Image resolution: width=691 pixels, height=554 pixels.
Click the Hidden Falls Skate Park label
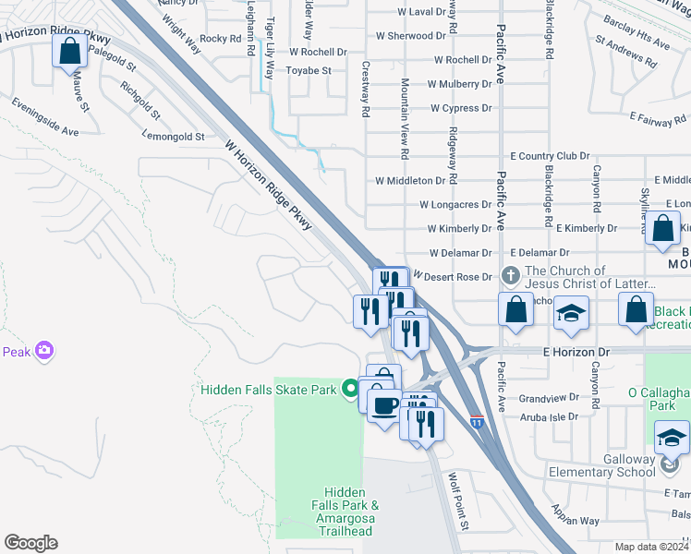tap(269, 390)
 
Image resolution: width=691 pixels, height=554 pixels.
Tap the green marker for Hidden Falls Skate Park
tap(349, 390)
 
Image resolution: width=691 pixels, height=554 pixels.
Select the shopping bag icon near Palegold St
tap(70, 51)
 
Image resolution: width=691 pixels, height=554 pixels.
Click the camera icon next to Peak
tap(44, 351)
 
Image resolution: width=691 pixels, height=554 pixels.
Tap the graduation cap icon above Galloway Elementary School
tap(672, 437)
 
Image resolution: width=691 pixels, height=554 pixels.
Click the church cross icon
tap(509, 275)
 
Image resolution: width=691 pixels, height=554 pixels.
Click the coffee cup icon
tap(384, 403)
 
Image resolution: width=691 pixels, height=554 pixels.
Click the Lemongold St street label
tap(173, 137)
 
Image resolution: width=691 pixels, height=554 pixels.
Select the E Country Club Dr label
tap(549, 156)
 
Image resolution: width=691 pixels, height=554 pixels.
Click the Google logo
tap(30, 543)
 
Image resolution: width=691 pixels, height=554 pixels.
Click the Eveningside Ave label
tap(45, 118)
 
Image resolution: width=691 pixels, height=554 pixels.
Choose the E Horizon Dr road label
tap(576, 353)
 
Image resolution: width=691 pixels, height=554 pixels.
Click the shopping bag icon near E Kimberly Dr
tap(662, 230)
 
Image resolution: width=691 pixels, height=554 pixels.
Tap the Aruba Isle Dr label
tap(550, 416)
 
